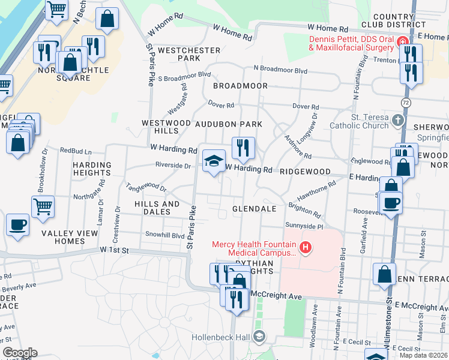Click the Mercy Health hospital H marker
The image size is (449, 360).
click(x=306, y=247)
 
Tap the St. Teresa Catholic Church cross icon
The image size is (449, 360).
click(x=396, y=121)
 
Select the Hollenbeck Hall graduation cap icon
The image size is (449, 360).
click(x=259, y=337)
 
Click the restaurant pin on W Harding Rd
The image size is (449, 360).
click(x=243, y=148)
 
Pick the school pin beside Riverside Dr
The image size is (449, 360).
click(x=213, y=161)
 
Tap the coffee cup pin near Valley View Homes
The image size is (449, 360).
click(x=17, y=225)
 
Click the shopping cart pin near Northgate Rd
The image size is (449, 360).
click(x=43, y=207)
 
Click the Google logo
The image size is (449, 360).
click(x=20, y=353)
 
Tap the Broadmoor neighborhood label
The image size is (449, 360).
click(x=240, y=86)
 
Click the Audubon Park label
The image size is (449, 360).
click(x=229, y=124)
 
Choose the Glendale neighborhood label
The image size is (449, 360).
click(x=255, y=209)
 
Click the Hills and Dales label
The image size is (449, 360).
click(x=157, y=208)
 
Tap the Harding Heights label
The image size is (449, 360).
click(x=92, y=169)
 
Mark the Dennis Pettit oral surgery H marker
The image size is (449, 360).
click(x=402, y=43)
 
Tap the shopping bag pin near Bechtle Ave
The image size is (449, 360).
click(x=107, y=20)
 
